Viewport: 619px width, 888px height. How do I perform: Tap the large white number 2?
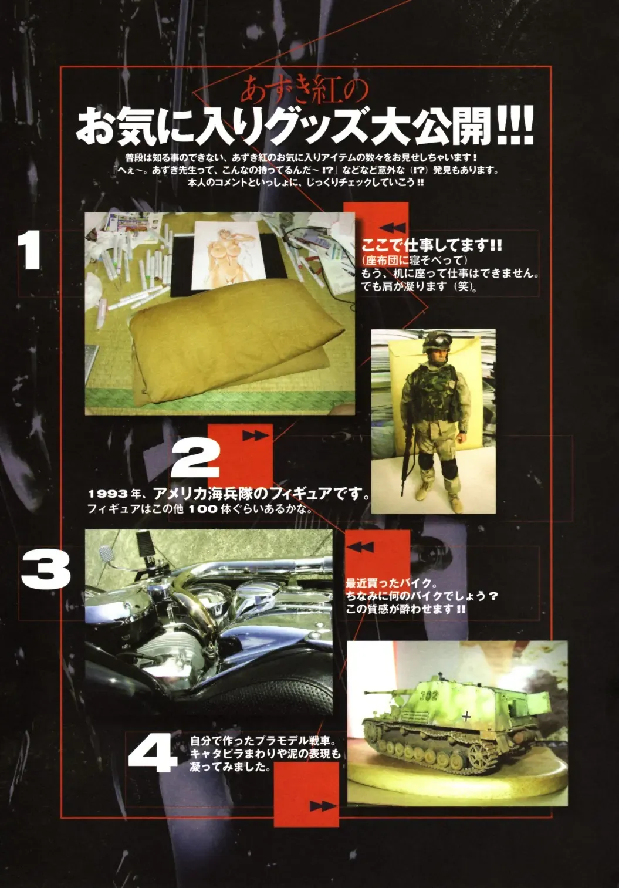tap(195, 460)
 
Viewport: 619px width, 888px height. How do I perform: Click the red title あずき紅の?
tap(305, 91)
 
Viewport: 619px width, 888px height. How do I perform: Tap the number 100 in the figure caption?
tap(202, 509)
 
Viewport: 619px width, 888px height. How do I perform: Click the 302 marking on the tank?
tap(428, 695)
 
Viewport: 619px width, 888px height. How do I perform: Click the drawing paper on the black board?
tap(229, 255)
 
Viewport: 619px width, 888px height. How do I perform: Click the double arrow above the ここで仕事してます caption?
tap(393, 228)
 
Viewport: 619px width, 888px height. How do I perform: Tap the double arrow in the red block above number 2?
tap(256, 435)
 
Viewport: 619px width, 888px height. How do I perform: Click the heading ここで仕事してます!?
tap(432, 245)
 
